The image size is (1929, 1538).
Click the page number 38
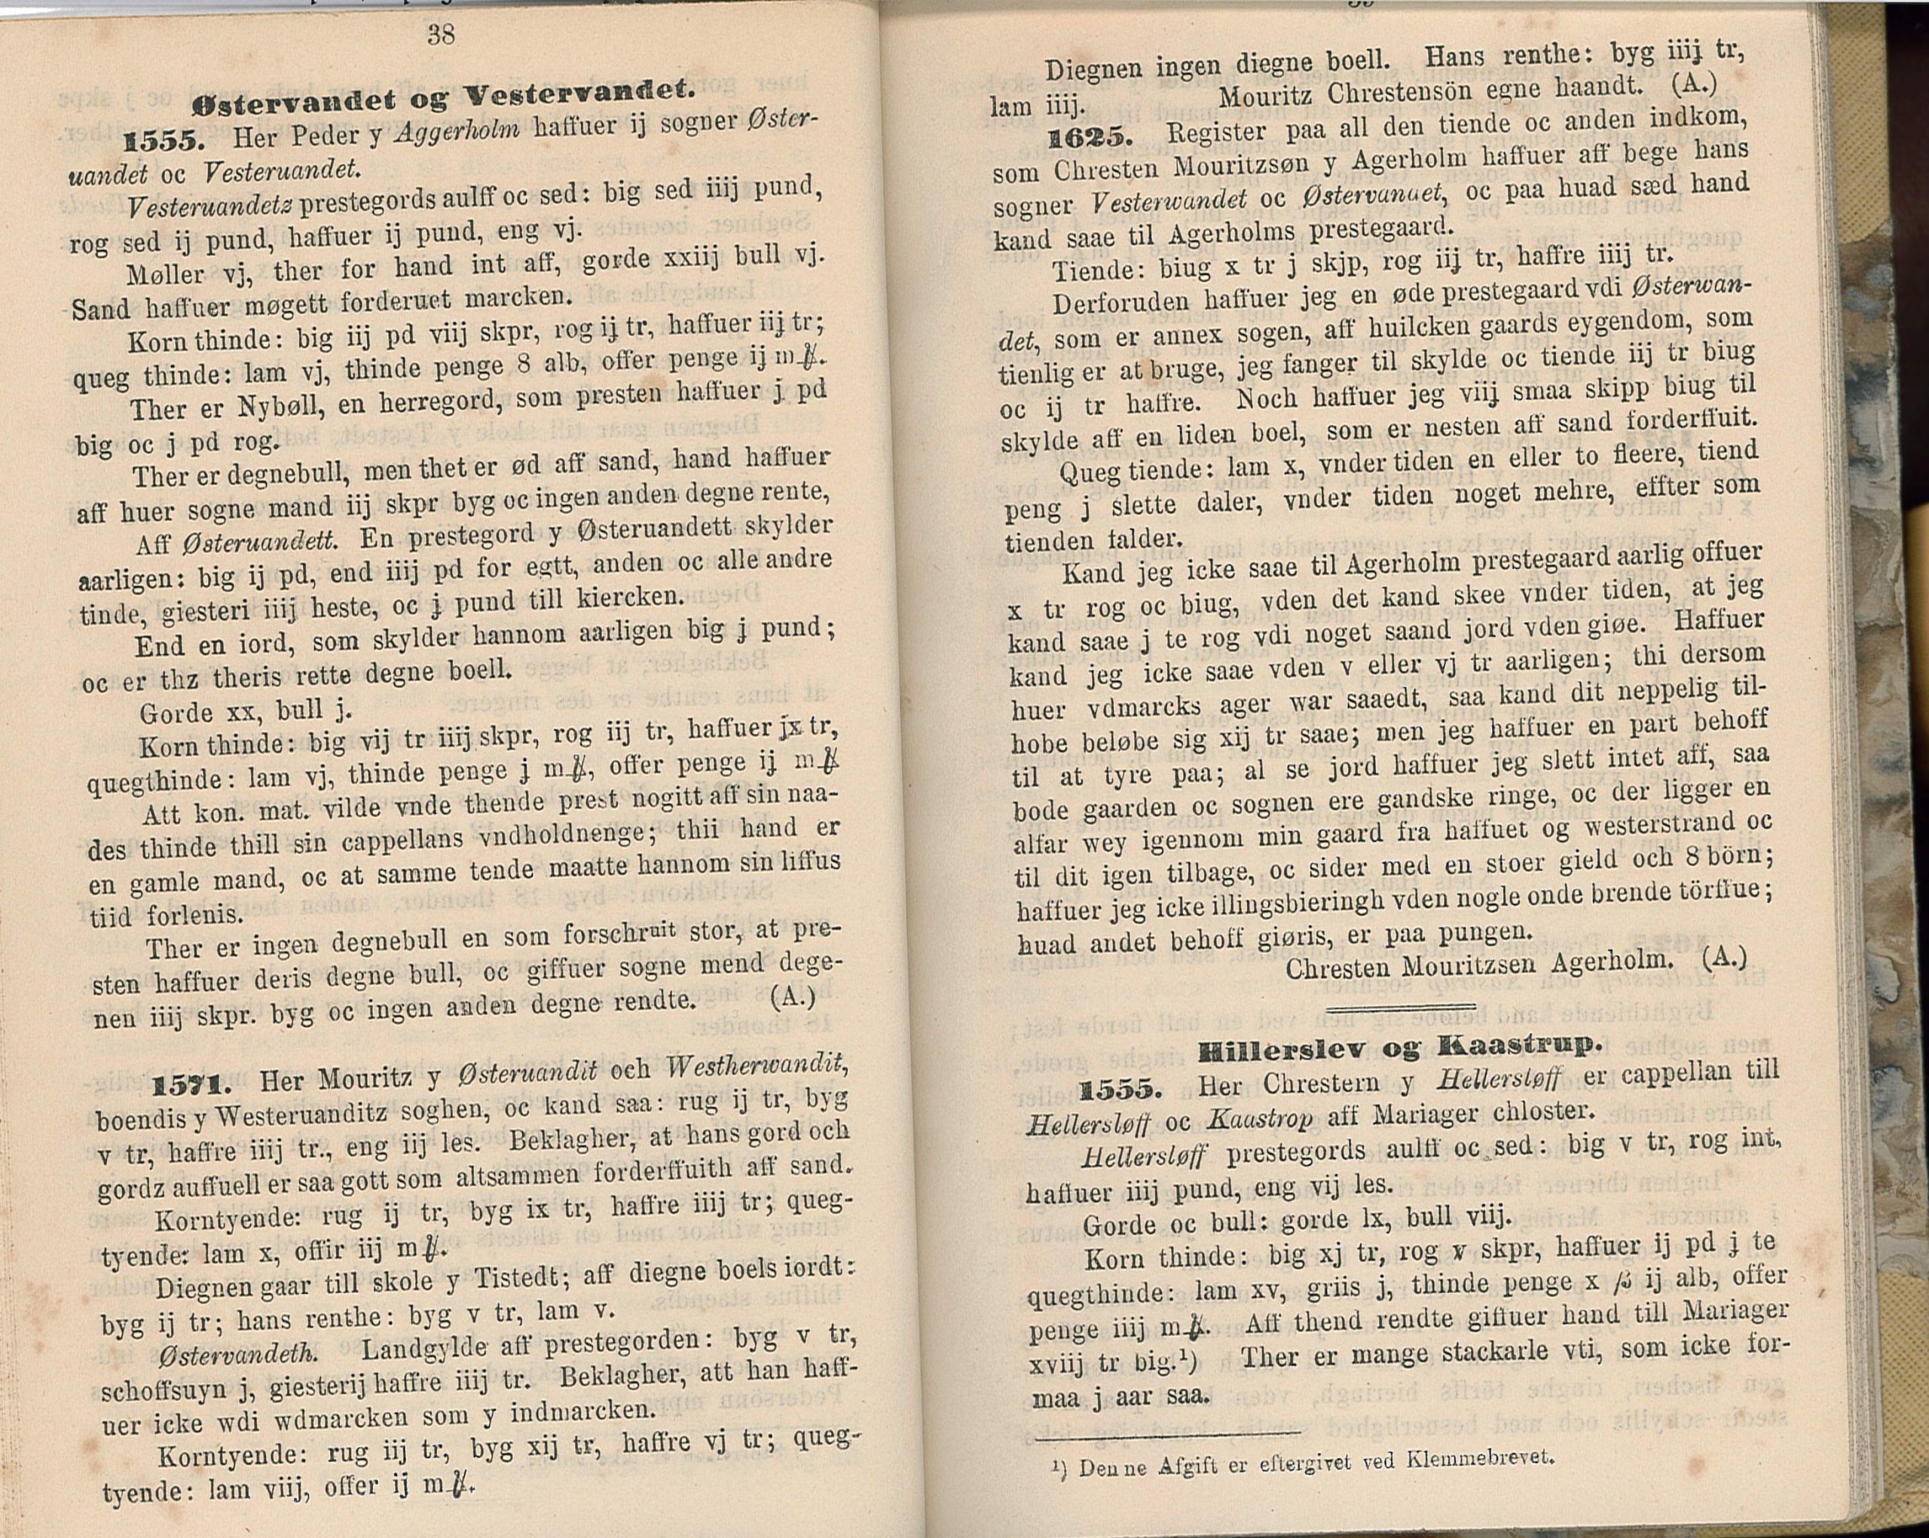point(441,35)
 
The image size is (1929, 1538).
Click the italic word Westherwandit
point(757,1066)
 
